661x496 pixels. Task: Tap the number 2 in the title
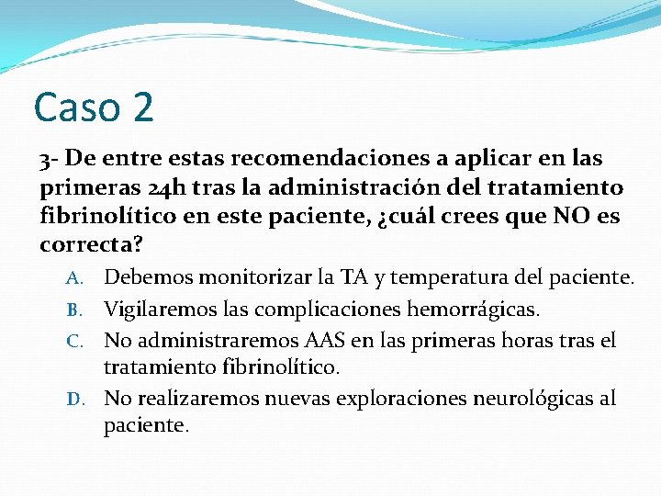click(x=141, y=107)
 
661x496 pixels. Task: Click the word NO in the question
click(x=573, y=217)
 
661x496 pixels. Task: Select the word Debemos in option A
click(x=147, y=277)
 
